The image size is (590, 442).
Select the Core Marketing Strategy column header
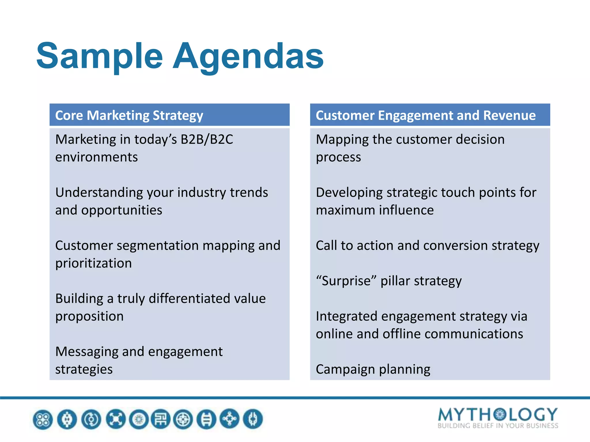tap(129, 115)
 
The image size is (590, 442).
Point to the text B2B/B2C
tap(207, 140)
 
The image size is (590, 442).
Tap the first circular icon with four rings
tap(43, 419)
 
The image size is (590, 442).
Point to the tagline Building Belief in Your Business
tap(498, 426)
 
